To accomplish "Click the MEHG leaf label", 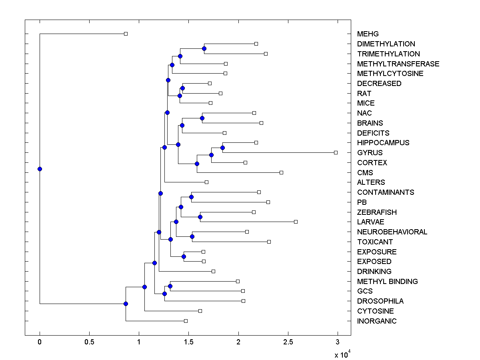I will point(368,34).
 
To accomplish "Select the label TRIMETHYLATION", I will point(388,54).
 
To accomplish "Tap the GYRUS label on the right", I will point(370,153).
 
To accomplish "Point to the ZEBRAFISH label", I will point(377,212).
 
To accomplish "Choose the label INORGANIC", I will point(377,321).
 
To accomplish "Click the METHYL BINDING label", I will point(387,282).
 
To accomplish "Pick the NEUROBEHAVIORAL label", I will point(392,232).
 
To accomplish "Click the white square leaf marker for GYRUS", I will point(336,152).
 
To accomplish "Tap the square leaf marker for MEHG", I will point(126,34).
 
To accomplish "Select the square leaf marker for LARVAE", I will point(296,222).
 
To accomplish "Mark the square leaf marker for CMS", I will point(281,172).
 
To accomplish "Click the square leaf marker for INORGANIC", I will point(186,321).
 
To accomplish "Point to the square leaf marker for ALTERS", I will point(206,182).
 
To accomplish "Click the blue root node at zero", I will point(40,169).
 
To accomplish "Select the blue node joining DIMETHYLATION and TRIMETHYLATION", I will point(204,48).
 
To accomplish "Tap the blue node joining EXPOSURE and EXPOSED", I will point(184,256).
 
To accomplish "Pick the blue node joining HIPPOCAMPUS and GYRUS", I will point(222,148).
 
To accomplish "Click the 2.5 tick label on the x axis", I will point(288,342).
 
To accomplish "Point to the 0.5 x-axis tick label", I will point(89,342).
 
